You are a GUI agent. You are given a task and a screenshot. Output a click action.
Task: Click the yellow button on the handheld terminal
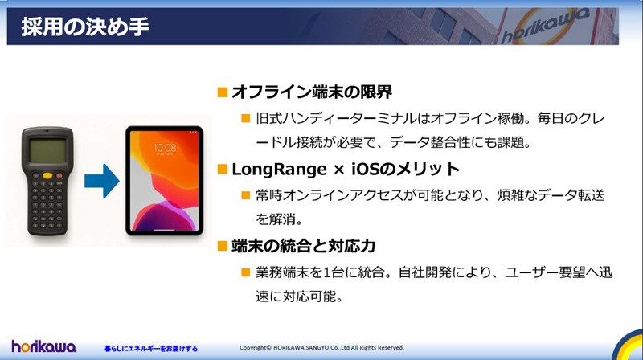point(49,174)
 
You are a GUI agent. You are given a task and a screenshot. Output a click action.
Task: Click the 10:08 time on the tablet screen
point(166,149)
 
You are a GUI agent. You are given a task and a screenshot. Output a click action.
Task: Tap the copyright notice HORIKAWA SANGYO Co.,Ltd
point(321,348)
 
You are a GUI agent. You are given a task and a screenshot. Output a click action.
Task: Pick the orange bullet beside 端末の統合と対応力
point(223,244)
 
